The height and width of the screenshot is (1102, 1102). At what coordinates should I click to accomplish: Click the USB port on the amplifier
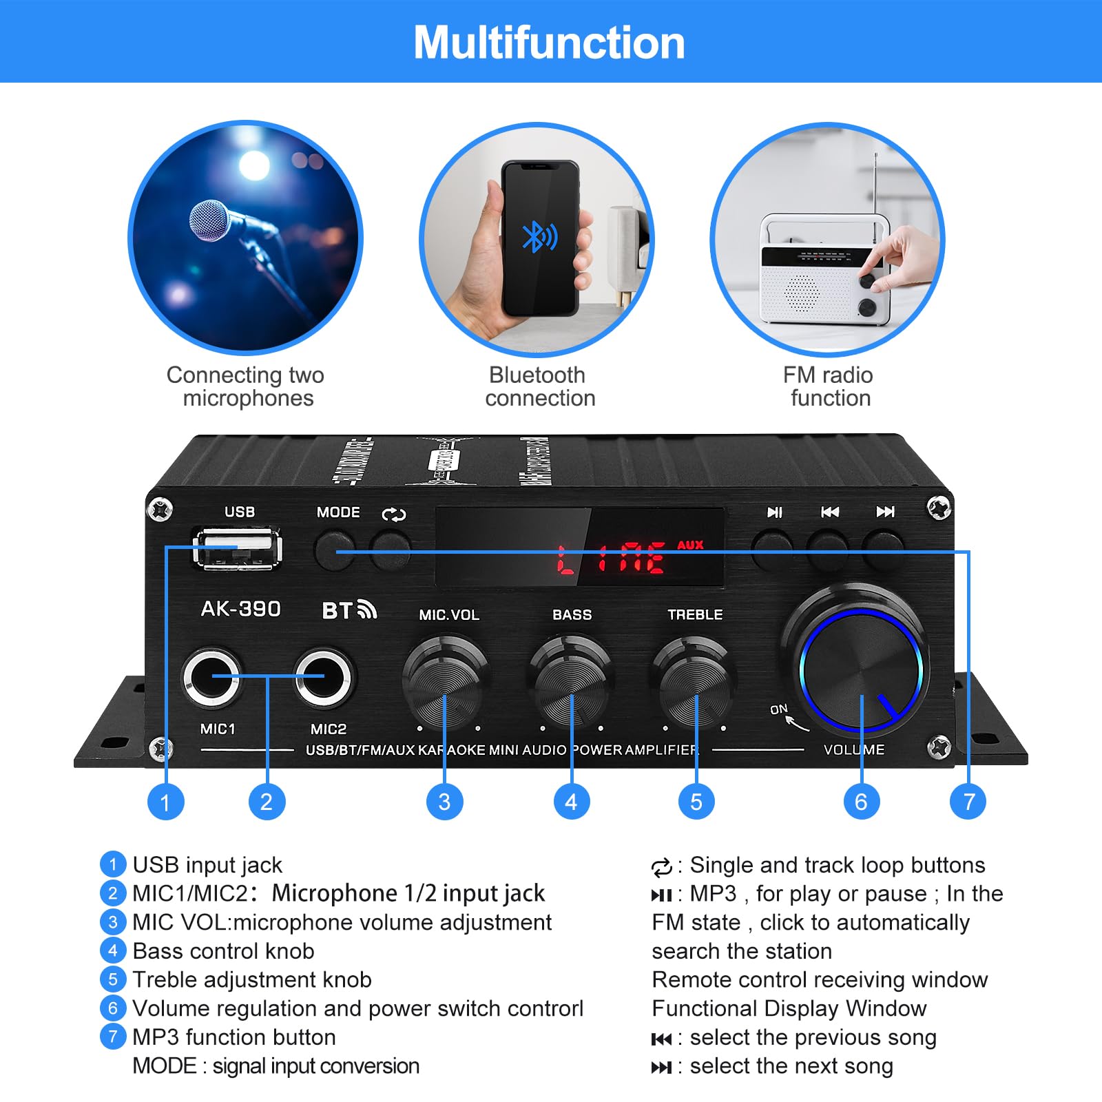point(238,548)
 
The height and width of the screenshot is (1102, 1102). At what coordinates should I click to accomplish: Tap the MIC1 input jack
point(211,676)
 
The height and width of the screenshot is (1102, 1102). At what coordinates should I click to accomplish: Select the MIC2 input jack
point(324,676)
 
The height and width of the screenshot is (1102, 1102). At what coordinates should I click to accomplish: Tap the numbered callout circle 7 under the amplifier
point(968,802)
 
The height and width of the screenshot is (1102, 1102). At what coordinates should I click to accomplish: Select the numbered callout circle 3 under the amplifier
point(444,802)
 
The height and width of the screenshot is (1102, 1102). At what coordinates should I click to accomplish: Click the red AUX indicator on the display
point(690,545)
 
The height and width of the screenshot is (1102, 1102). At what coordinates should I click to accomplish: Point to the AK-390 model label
point(240,609)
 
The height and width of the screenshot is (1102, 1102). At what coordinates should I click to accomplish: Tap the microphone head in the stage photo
point(209,220)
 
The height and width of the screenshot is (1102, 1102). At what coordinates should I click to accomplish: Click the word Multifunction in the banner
point(549,43)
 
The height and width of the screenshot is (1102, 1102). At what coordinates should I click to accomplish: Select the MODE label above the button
point(338,512)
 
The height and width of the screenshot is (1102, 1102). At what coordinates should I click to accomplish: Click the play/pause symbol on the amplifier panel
point(775,512)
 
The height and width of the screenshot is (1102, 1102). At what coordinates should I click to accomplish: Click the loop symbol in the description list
point(661,867)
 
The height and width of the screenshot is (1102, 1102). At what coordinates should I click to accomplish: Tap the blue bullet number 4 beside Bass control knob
point(113,951)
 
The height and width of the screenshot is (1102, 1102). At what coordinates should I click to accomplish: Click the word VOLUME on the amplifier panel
point(854,749)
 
